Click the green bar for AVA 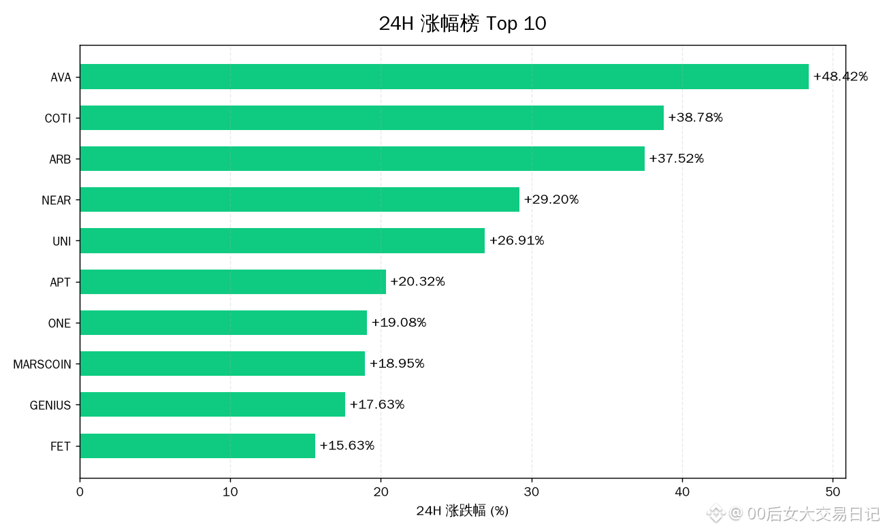tap(444, 77)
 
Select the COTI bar tap(372, 118)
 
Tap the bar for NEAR tap(300, 199)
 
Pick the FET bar tap(197, 446)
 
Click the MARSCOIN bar tap(223, 364)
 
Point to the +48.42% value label tap(841, 76)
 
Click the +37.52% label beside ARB tap(677, 159)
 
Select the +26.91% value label tap(517, 240)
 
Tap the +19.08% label tap(399, 323)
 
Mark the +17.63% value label tap(377, 404)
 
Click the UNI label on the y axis tap(62, 241)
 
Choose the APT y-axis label tap(60, 282)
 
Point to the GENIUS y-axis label tap(50, 405)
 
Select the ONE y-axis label tap(59, 323)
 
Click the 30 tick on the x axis tap(532, 492)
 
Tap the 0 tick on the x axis tap(80, 492)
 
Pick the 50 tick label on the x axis tap(833, 492)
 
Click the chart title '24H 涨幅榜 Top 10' tap(463, 23)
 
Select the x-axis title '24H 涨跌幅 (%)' tap(462, 511)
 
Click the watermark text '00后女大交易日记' tap(814, 514)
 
